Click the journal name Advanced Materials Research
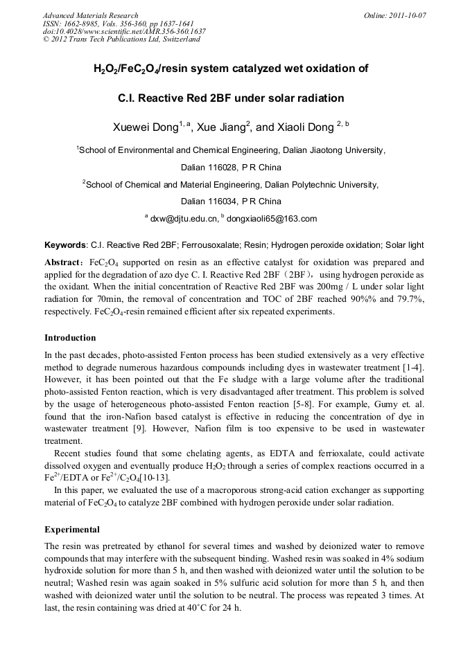pyautogui.click(x=90, y=15)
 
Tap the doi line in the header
pyautogui.click(x=124, y=31)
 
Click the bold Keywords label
pyautogui.click(x=65, y=245)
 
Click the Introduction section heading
pyautogui.click(x=70, y=338)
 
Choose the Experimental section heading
pyautogui.click(x=72, y=530)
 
